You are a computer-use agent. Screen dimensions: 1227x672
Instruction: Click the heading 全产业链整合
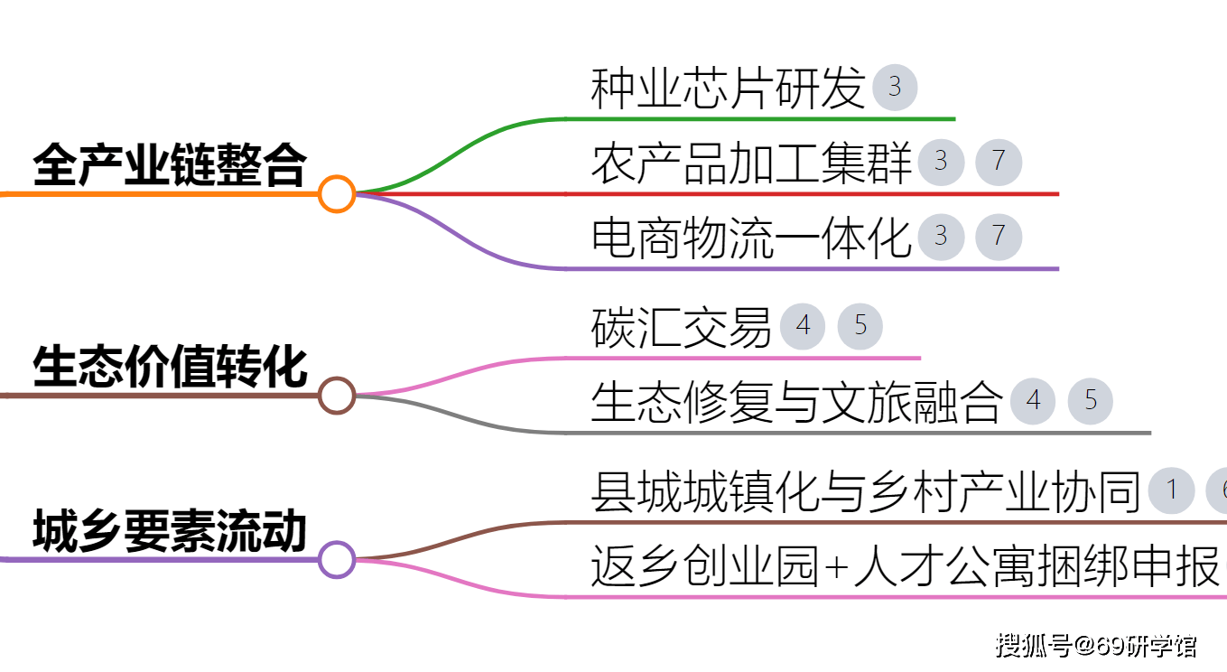[170, 165]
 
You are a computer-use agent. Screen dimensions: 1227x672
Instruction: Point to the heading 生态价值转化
[170, 367]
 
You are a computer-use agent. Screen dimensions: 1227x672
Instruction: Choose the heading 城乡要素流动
[170, 530]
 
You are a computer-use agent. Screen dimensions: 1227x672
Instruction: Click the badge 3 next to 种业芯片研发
[895, 87]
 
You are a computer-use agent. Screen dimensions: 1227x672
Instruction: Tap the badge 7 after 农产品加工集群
[999, 162]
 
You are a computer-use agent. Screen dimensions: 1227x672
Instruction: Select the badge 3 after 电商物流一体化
[941, 237]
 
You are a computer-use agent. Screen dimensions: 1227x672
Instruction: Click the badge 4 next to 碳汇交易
[803, 326]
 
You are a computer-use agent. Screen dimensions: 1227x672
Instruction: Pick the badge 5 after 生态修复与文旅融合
[1091, 401]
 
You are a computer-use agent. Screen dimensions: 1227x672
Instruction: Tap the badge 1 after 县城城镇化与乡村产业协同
[1172, 490]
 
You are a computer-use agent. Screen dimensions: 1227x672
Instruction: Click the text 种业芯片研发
[728, 88]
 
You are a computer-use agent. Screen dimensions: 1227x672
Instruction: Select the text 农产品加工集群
[751, 163]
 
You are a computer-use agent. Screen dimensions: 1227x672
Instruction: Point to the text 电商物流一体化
[751, 238]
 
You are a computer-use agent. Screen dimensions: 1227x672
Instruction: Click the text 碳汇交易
[682, 327]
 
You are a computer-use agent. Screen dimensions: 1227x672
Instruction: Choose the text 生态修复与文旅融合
[797, 402]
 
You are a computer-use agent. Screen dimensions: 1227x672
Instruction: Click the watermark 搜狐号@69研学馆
[1095, 645]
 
